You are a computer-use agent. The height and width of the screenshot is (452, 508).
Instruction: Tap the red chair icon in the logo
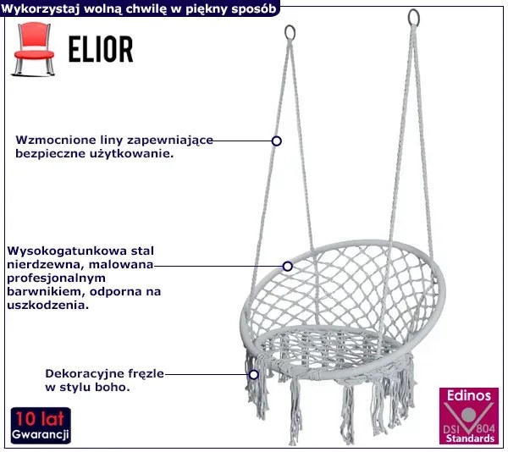click(34, 50)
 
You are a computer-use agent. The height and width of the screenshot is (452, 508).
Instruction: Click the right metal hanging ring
click(414, 17)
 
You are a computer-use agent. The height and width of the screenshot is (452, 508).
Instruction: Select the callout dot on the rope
click(276, 141)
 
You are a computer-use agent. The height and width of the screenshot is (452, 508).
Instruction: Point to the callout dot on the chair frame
click(288, 266)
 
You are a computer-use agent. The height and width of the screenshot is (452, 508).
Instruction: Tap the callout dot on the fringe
click(252, 373)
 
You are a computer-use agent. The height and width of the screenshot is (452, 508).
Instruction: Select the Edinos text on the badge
click(467, 395)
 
